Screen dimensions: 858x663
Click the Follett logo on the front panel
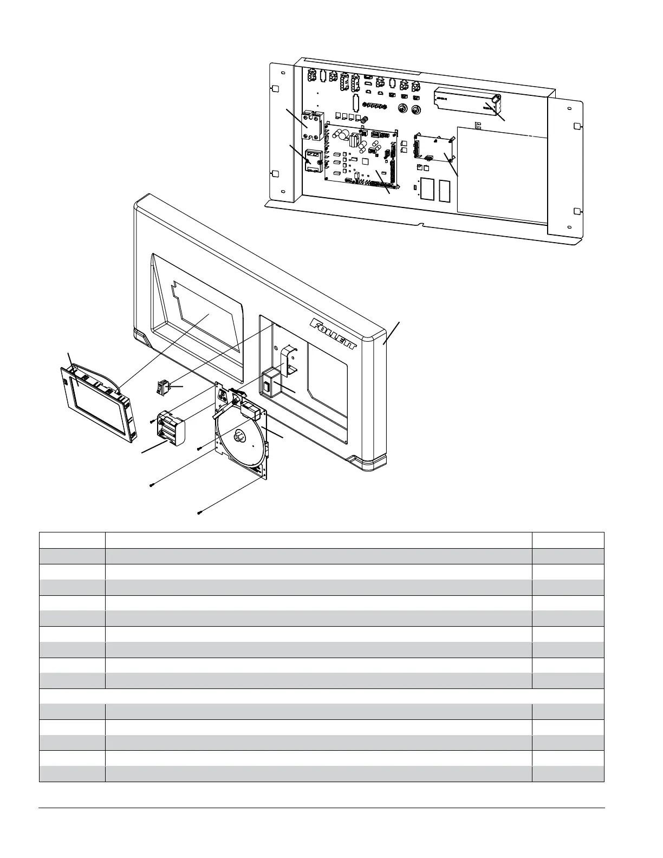click(x=333, y=336)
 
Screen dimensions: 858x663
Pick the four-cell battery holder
click(x=170, y=431)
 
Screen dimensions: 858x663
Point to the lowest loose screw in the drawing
click(x=200, y=512)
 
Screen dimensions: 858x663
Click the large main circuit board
click(x=361, y=157)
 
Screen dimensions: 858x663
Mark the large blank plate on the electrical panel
click(x=501, y=173)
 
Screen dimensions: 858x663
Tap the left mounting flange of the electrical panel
click(x=281, y=130)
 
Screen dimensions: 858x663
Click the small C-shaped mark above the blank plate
click(x=477, y=126)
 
